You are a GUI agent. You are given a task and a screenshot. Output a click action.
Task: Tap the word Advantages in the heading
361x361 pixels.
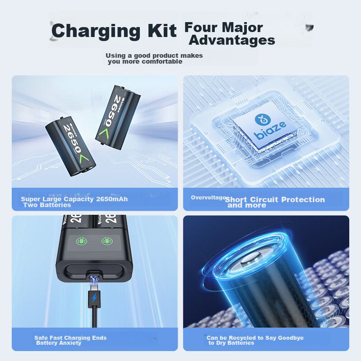coord(232,40)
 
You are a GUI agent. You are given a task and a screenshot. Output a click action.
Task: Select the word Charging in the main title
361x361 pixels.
coord(96,32)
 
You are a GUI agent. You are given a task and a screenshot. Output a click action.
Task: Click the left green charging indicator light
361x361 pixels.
coord(82,241)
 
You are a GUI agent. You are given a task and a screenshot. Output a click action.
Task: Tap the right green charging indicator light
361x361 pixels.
coord(107,241)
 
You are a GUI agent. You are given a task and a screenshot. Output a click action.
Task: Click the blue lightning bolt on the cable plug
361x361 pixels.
coord(94,298)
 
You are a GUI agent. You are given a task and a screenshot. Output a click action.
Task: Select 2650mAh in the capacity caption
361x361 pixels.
coord(112,199)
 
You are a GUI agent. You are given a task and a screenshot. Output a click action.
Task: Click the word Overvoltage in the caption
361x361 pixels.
coord(208,198)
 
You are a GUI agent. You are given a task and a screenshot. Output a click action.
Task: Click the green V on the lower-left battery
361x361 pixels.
coord(83,159)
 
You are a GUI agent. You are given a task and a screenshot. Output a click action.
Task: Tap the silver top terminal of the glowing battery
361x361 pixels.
coord(253,260)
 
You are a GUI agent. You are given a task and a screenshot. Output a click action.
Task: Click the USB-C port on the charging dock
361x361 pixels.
coord(94,276)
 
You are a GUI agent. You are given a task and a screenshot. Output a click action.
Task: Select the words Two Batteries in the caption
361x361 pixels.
coord(47,205)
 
